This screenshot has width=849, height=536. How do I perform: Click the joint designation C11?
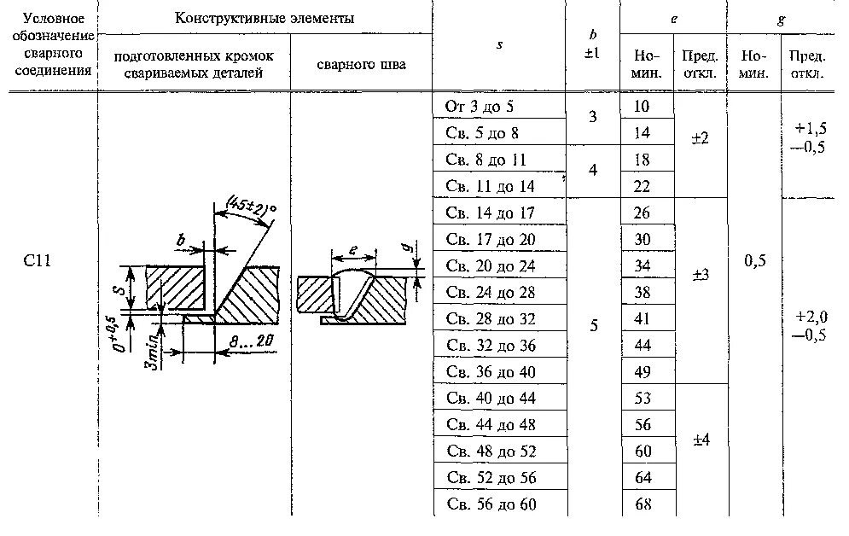(38, 260)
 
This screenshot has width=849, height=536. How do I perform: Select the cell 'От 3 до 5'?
(480, 106)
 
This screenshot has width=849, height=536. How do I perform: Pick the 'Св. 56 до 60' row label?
(491, 504)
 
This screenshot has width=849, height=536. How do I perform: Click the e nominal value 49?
(643, 372)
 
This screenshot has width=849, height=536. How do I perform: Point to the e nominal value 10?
(643, 106)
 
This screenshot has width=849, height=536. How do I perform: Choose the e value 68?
(643, 504)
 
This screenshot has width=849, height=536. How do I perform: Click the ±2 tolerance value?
(700, 133)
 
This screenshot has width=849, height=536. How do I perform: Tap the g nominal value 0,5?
(754, 261)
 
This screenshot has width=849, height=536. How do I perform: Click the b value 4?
(593, 171)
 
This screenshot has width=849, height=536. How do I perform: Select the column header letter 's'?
(499, 45)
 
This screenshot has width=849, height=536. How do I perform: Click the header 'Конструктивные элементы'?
(265, 18)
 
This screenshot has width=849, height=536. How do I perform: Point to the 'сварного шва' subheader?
(362, 64)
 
